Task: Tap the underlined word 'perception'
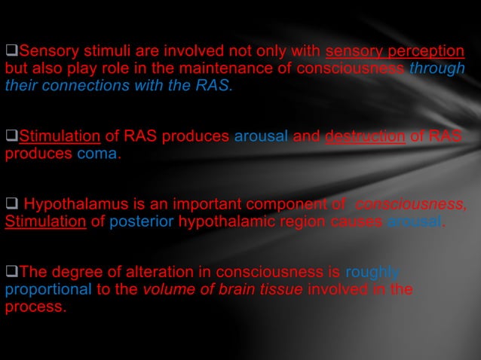coord(430,52)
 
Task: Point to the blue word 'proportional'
coord(42,289)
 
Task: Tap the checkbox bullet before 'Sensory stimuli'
coord(11,52)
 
